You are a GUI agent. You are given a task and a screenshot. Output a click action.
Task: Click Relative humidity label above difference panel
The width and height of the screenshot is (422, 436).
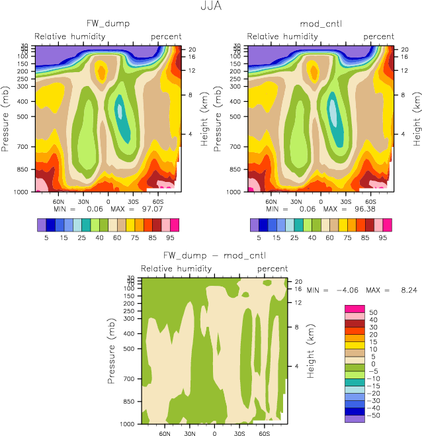176,269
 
